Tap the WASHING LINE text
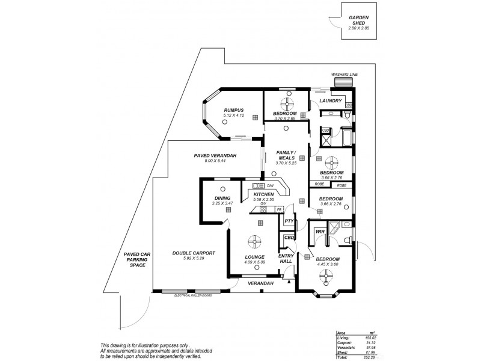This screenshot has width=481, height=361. pos(345,74)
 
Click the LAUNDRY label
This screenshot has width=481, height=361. pos(331,100)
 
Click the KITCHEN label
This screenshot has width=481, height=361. pos(264,194)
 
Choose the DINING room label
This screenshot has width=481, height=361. pos(222,199)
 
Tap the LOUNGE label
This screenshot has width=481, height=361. pos(256,257)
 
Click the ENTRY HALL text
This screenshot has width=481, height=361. pos(286,259)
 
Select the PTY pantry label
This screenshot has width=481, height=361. pos(289,221)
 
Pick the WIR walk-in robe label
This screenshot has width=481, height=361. pos(320,230)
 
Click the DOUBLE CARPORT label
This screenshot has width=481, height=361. pos(194,253)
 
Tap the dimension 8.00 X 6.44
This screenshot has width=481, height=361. pos(215,161)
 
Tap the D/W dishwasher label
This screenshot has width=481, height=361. pos(271,185)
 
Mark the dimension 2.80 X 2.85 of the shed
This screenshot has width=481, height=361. pos(359,28)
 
